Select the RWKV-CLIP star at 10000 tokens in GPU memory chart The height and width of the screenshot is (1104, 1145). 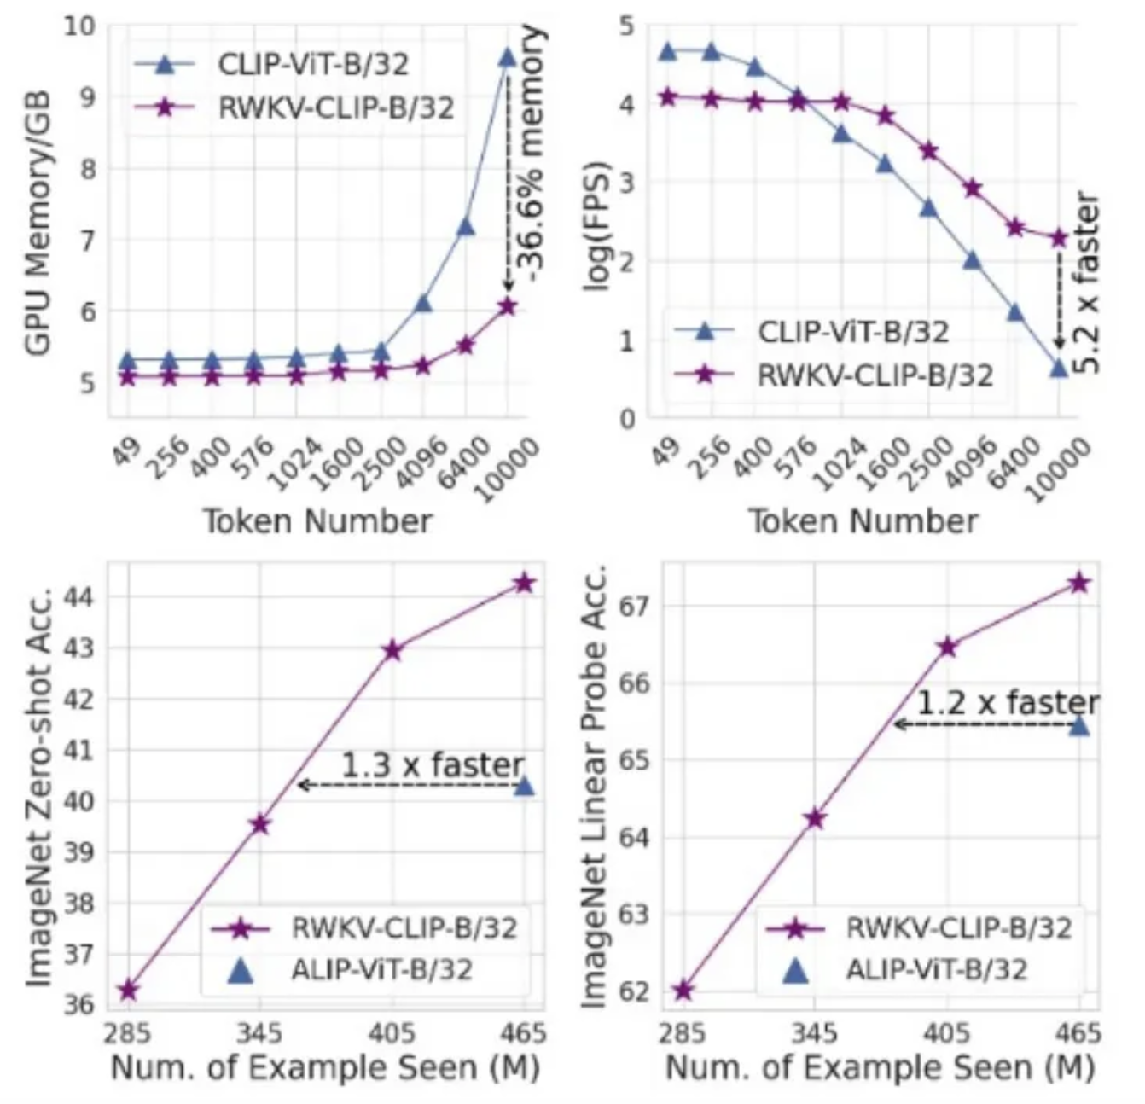point(508,306)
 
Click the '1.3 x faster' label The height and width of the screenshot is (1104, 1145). point(433,764)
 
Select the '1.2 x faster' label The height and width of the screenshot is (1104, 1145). point(1008,703)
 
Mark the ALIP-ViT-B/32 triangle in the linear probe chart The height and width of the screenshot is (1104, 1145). point(1079,725)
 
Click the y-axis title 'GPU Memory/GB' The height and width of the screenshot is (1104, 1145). point(40,222)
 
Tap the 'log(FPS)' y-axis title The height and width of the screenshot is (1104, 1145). point(599,225)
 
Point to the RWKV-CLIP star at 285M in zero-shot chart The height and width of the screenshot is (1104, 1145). point(129,991)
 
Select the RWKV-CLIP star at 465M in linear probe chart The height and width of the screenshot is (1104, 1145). point(1079,584)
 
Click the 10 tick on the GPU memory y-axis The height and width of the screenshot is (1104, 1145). point(78,26)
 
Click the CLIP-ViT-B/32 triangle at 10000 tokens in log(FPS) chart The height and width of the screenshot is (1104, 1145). point(1059,368)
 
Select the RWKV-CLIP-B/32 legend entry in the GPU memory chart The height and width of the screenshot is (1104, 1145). point(336,108)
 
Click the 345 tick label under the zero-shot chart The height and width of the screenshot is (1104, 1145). point(259,1034)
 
